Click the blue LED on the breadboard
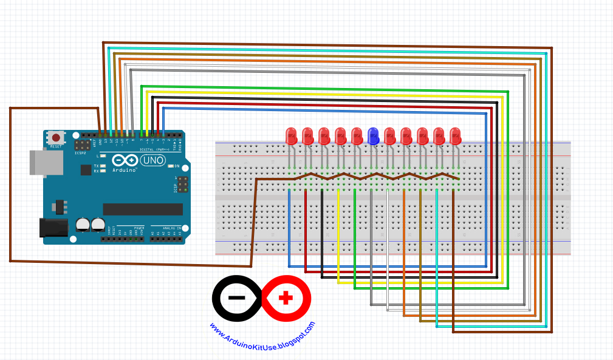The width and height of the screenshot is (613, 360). [x=374, y=137]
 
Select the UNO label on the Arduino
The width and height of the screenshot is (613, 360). [x=152, y=160]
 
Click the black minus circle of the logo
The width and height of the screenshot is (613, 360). [x=238, y=298]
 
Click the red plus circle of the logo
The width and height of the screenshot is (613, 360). [x=286, y=298]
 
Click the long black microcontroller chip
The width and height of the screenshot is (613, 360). [x=143, y=209]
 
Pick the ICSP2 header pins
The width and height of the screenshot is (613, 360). [x=82, y=145]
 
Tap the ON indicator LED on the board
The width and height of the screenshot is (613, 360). [x=170, y=166]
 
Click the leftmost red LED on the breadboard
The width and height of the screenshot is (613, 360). [x=290, y=136]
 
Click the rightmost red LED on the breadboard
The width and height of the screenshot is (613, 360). [x=455, y=136]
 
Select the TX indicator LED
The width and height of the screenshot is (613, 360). [x=104, y=165]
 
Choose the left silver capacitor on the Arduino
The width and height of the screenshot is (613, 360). [x=83, y=225]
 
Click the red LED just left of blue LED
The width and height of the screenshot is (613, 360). [x=357, y=136]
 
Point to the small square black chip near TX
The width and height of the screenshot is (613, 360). [x=86, y=170]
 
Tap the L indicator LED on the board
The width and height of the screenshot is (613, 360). [x=104, y=157]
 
